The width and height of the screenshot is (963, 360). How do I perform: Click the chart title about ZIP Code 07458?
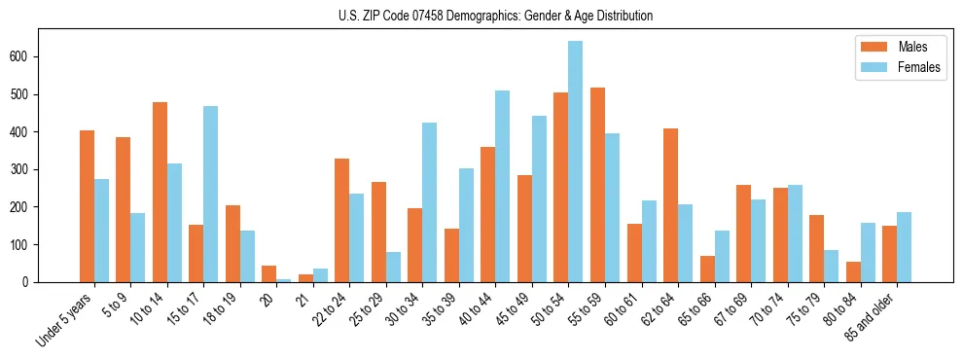(481, 16)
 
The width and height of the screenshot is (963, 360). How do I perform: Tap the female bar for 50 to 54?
(576, 162)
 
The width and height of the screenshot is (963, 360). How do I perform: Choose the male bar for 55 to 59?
(597, 185)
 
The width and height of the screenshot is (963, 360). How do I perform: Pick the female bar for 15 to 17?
(211, 194)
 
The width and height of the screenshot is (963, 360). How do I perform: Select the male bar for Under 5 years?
(87, 206)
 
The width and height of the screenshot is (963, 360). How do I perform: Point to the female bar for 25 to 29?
(393, 267)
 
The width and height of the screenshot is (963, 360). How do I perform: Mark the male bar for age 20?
(268, 273)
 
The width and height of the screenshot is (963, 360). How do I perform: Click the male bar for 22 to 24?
(341, 220)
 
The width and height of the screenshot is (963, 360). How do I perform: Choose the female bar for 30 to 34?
(430, 202)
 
